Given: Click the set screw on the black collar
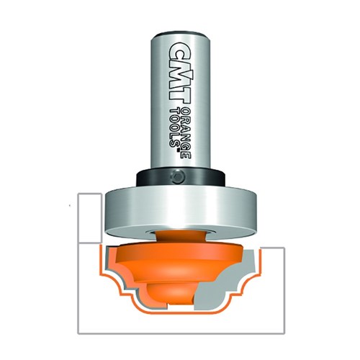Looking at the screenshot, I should pos(177,175).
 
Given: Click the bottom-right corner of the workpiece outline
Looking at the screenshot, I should pos(285,335).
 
